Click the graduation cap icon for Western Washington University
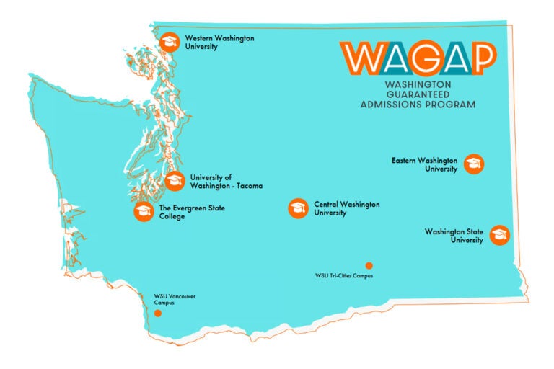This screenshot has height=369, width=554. point(170,42)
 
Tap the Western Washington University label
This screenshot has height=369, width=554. point(219,42)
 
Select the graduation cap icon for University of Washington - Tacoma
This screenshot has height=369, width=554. point(175,181)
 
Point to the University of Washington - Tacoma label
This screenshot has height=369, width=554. point(226,181)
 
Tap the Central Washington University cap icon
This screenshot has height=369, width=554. point(297,209)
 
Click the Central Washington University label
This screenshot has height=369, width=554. point(346,208)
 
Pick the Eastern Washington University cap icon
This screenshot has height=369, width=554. point(474,164)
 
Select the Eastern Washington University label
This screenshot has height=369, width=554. point(424,164)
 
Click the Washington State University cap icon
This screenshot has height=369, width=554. point(499,235)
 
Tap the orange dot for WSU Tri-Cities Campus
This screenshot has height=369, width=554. point(369,265)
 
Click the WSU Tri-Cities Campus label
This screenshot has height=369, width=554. point(344,275)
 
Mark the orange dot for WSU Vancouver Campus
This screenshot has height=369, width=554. point(158,314)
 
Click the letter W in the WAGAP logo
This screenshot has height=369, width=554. point(359,58)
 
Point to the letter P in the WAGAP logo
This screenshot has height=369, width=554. point(479,58)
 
